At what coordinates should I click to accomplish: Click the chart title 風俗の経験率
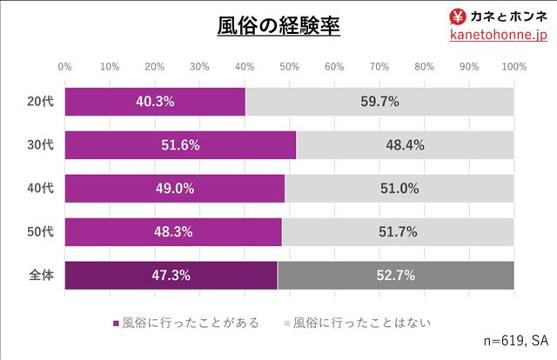[x=278, y=25]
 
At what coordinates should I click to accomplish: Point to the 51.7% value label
[x=398, y=232]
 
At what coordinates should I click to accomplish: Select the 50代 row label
[x=41, y=232]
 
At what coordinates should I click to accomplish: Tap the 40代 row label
[x=41, y=189]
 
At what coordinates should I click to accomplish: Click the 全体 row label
[x=41, y=276]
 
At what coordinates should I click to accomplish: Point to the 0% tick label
[x=64, y=66]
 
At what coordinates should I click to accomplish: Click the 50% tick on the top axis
[x=289, y=66]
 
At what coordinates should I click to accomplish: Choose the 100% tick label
[x=513, y=66]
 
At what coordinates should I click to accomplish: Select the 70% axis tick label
[x=379, y=66]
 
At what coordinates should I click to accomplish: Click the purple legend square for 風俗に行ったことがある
[x=116, y=323]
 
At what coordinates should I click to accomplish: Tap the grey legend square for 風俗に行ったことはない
[x=286, y=323]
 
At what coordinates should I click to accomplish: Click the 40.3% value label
[x=155, y=101]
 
